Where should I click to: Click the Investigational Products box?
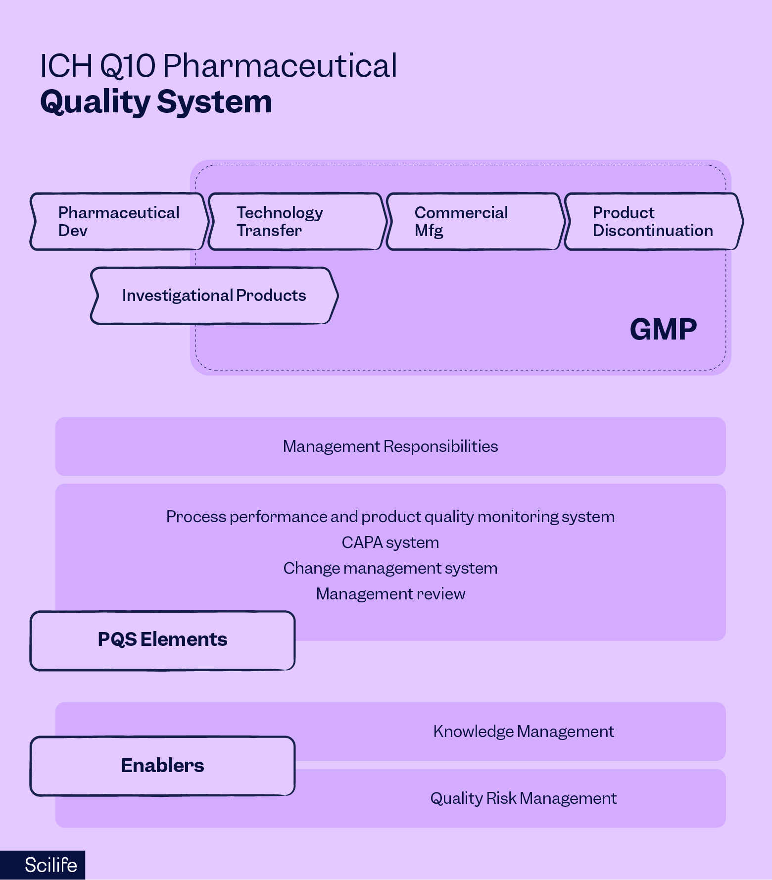tap(214, 296)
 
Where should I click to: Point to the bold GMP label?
tap(663, 330)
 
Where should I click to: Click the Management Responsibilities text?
tap(390, 446)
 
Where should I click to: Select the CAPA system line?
tap(390, 542)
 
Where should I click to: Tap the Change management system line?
tap(390, 568)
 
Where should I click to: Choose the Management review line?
tap(390, 594)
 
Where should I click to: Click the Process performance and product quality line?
tap(390, 517)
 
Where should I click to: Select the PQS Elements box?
tap(162, 640)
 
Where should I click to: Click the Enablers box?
tap(162, 766)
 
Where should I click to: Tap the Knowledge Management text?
tap(523, 732)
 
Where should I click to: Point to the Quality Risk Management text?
tap(523, 798)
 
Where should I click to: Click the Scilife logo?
tap(50, 865)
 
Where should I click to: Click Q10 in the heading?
tap(128, 66)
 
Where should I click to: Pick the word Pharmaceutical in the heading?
tap(280, 66)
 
